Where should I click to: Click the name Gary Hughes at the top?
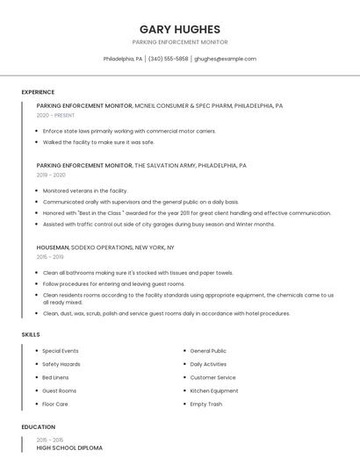(180, 29)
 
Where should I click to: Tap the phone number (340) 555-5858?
(168, 59)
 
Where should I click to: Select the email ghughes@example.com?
(225, 59)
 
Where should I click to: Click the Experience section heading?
(38, 92)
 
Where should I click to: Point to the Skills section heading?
(31, 334)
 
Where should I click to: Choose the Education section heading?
(38, 426)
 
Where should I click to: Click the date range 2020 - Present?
(55, 115)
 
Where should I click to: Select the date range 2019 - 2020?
(51, 175)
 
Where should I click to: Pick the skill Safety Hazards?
(61, 364)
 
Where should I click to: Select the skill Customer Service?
(212, 377)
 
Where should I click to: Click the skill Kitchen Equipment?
(214, 390)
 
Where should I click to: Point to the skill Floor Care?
(55, 404)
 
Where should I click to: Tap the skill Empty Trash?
(206, 404)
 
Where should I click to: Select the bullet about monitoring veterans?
(85, 190)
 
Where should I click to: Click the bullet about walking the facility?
(98, 141)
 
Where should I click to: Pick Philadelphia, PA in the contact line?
(123, 59)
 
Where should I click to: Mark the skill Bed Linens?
(56, 377)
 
